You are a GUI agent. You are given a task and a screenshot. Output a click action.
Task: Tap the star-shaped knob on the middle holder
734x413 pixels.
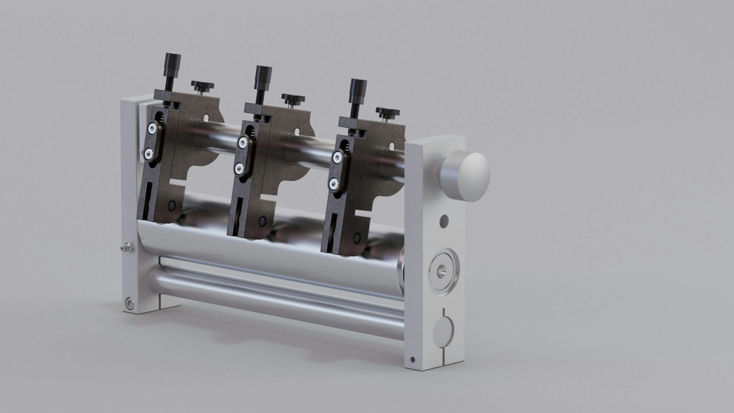(293, 98)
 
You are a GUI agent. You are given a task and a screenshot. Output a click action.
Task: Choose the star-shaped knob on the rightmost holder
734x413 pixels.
(388, 112)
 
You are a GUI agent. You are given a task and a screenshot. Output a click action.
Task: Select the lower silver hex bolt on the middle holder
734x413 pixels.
(241, 167)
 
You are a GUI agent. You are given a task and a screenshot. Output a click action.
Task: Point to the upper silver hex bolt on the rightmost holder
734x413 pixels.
(337, 157)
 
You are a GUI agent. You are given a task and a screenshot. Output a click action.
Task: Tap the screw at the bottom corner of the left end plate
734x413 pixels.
(130, 303)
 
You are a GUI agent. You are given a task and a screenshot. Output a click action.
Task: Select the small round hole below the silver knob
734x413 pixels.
(444, 221)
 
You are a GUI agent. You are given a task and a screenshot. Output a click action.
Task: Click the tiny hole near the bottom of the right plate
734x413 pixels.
(412, 360)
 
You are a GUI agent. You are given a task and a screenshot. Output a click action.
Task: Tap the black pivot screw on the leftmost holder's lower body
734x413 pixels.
(172, 206)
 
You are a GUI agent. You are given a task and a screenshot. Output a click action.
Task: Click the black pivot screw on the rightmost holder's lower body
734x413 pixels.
(357, 237)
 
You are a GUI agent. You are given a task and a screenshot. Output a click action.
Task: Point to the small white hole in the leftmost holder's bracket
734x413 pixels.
(206, 118)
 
